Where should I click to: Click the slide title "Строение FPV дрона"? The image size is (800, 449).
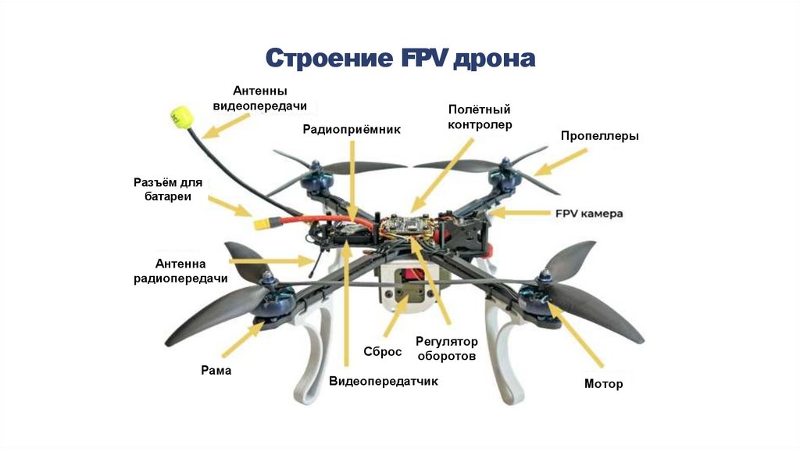[400, 59]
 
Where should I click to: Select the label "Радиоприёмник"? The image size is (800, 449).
[352, 130]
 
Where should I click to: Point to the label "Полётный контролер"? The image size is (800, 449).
[480, 117]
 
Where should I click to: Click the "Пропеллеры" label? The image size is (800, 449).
[599, 135]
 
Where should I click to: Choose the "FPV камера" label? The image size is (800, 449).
[589, 213]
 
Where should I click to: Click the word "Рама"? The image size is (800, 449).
[216, 370]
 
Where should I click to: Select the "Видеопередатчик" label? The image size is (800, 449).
[384, 382]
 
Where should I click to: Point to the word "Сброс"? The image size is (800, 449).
[383, 351]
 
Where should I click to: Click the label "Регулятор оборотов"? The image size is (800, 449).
[446, 348]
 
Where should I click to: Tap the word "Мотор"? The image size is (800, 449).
[604, 384]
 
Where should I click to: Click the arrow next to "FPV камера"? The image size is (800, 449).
[526, 212]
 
